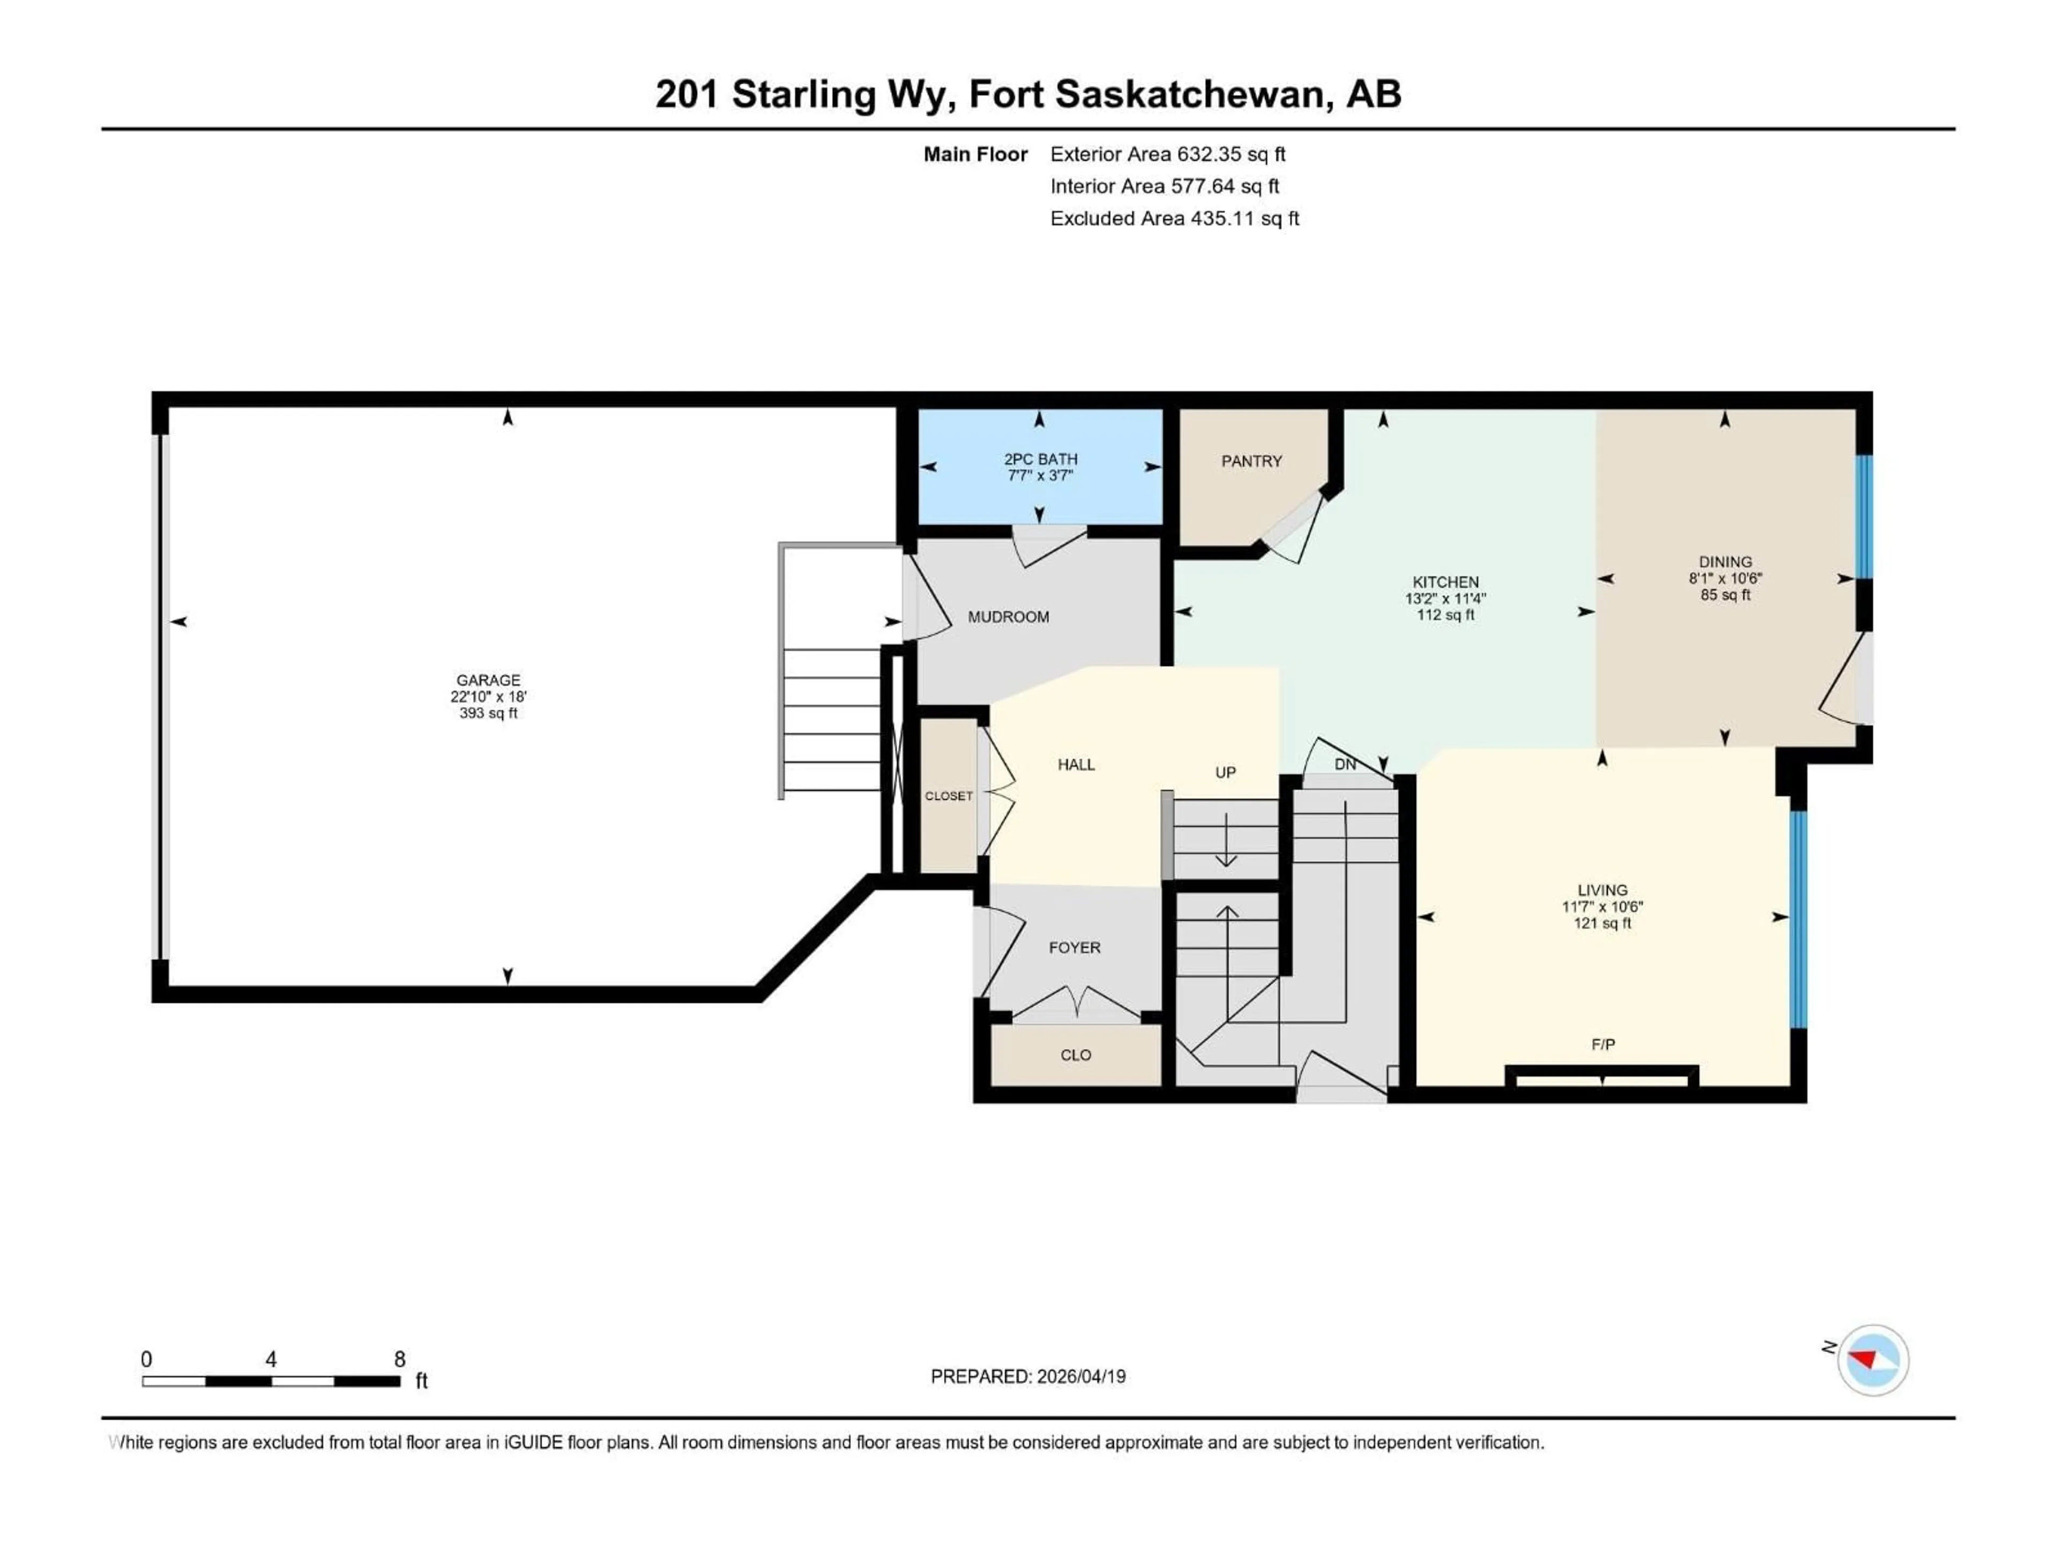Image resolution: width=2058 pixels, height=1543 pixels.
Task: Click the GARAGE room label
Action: click(488, 680)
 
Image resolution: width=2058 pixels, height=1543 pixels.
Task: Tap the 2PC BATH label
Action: click(1040, 459)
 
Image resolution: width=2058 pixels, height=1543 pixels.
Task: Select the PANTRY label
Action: click(1251, 461)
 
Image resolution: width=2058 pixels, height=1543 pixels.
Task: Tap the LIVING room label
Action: click(1602, 890)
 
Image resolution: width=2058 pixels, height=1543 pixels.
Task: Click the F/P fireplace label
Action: click(1602, 1045)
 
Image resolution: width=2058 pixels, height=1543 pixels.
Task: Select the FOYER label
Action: click(1075, 948)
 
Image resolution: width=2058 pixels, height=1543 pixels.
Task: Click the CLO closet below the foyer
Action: click(1076, 1055)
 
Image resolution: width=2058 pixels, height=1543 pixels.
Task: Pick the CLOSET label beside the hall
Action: click(948, 796)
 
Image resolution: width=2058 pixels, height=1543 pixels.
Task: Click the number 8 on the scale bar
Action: click(399, 1359)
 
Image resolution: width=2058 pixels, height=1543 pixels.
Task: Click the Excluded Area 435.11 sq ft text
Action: click(1174, 219)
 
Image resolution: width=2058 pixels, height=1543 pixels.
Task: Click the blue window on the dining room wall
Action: click(1863, 517)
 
